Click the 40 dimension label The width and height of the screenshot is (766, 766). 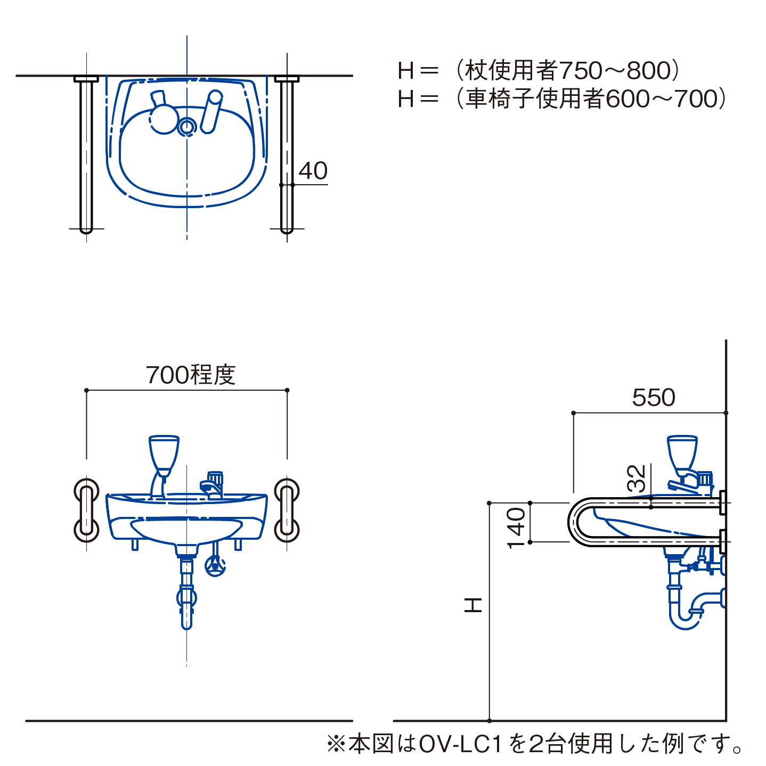[x=313, y=170]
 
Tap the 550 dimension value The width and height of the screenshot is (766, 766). [x=654, y=397]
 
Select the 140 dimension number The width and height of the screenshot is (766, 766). [x=517, y=528]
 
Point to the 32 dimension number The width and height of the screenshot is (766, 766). [x=636, y=478]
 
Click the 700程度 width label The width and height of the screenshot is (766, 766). [x=191, y=374]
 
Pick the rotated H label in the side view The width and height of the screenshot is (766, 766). [x=473, y=605]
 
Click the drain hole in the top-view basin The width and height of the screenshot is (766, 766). [x=186, y=127]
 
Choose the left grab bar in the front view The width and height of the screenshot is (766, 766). [x=86, y=510]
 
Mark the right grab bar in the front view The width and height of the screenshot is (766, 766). [x=287, y=510]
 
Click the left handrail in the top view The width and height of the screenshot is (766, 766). [x=86, y=155]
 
